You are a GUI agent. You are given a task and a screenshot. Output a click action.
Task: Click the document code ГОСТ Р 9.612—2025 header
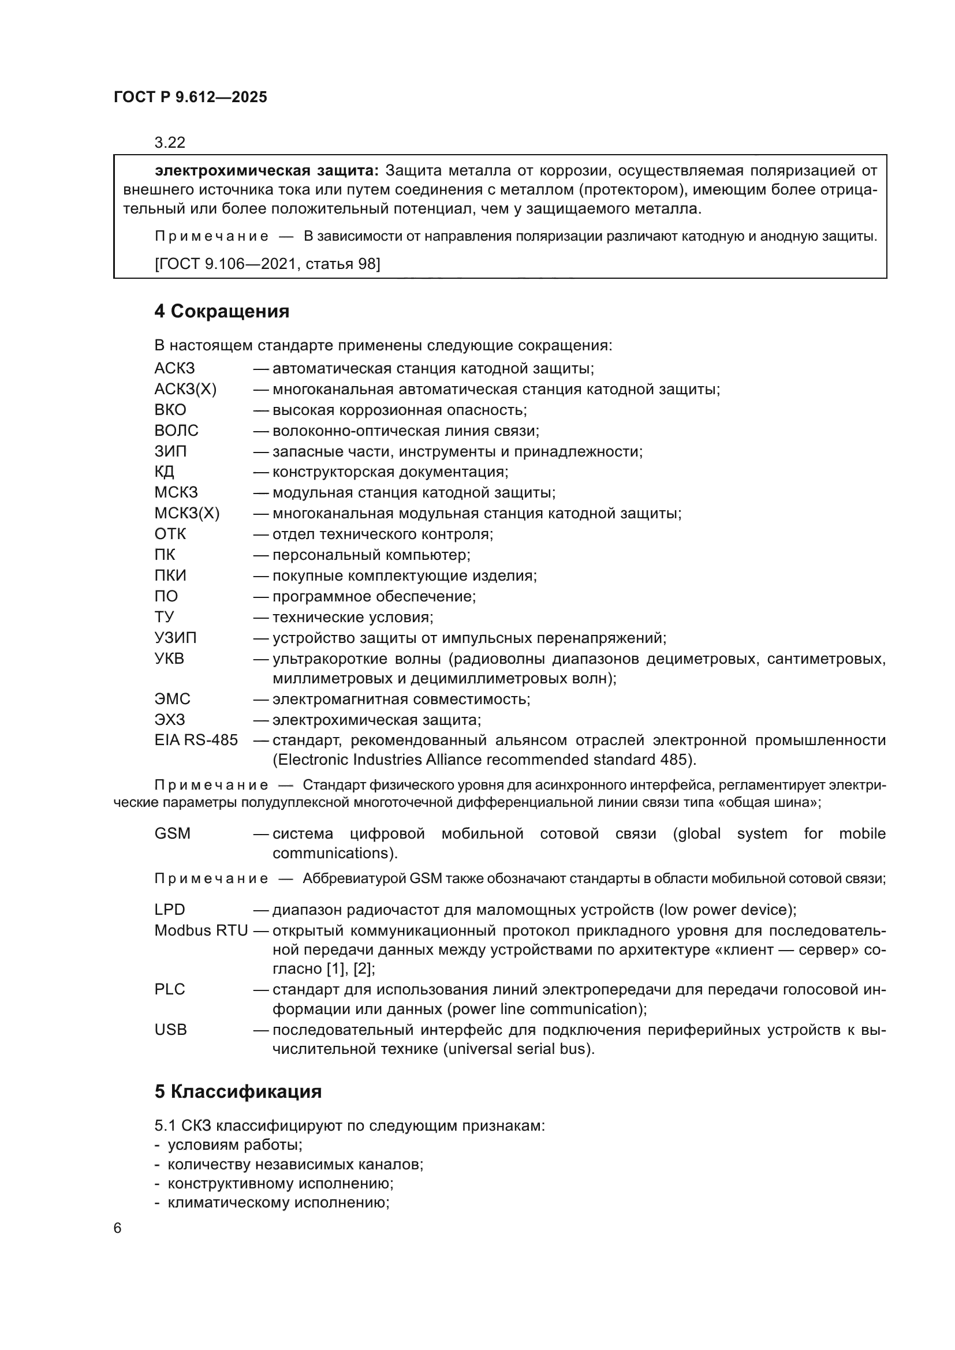tap(190, 97)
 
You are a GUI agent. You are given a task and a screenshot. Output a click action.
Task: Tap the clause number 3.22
tap(169, 143)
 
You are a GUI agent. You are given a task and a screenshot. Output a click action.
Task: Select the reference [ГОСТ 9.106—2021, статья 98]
tap(267, 264)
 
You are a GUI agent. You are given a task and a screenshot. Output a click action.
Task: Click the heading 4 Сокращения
tap(222, 312)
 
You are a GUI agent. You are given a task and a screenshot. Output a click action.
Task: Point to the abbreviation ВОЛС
tap(177, 431)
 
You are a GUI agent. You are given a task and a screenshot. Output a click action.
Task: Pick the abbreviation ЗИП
tap(170, 451)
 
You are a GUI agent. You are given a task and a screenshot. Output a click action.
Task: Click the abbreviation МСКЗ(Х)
tap(186, 513)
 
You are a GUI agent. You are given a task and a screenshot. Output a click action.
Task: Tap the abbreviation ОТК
tap(170, 534)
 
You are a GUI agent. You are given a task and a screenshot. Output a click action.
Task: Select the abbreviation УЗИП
tap(176, 637)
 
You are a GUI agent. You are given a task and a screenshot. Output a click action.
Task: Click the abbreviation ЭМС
tap(172, 699)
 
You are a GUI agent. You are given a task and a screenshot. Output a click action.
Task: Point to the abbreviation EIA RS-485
tap(196, 740)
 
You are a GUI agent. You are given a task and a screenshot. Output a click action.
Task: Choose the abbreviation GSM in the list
tap(172, 833)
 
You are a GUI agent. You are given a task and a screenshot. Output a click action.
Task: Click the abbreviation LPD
tap(170, 910)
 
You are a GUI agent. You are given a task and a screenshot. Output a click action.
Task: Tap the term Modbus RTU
tap(200, 930)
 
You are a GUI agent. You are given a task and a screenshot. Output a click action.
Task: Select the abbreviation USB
tap(170, 1030)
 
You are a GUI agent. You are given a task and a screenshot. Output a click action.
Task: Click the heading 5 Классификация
tap(238, 1092)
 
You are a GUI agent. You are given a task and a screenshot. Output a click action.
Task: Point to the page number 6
tap(118, 1228)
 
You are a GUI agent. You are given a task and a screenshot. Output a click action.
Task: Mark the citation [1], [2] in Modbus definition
tap(350, 968)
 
